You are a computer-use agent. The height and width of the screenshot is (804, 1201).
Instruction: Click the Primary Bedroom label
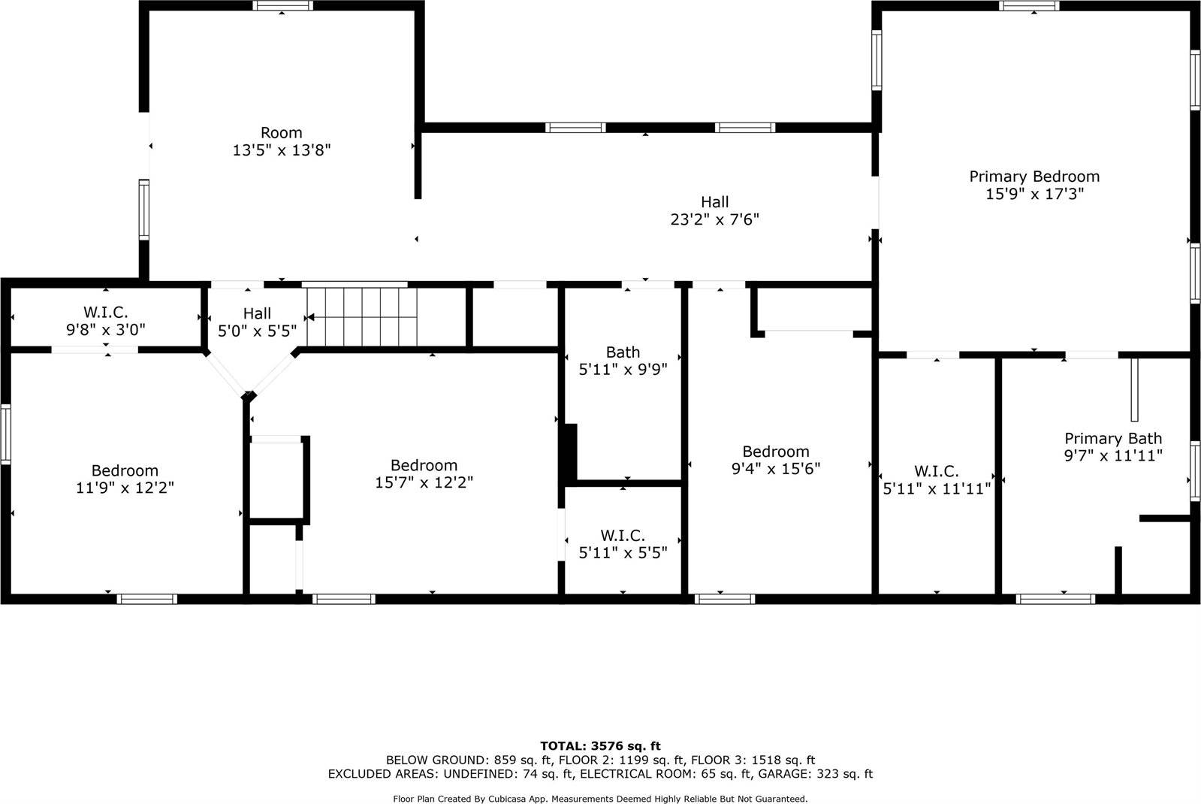(x=1034, y=177)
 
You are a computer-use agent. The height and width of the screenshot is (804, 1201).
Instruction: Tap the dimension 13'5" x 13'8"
(x=282, y=150)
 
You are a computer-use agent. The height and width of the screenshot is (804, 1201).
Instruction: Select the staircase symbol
(x=362, y=316)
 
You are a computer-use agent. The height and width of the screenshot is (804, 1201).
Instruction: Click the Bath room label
(x=623, y=352)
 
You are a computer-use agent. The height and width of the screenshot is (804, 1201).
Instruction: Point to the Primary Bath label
(x=1112, y=438)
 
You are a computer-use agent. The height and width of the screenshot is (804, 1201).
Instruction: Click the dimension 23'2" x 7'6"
(x=714, y=219)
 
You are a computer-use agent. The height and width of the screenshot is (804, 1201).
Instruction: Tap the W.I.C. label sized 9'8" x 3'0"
(x=105, y=311)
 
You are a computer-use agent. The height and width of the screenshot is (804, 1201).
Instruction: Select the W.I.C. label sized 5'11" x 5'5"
(x=623, y=536)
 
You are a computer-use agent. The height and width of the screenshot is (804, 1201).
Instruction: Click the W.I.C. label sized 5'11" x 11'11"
(x=936, y=471)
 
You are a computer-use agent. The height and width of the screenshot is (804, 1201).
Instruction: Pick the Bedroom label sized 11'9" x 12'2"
(x=125, y=470)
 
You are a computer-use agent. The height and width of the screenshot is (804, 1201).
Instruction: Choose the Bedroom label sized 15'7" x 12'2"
(x=424, y=465)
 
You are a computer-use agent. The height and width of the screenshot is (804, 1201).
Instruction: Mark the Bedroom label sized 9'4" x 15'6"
(x=776, y=451)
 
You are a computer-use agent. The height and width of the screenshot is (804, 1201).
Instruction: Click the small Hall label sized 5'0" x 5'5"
(x=257, y=313)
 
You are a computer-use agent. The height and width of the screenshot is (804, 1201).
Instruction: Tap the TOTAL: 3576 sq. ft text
(x=600, y=746)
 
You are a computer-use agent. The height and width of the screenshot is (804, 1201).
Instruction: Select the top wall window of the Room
(x=282, y=6)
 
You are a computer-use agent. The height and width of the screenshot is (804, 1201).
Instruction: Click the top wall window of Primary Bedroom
(x=1029, y=6)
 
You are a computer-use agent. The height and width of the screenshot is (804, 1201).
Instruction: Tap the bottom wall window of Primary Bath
(x=1055, y=599)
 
